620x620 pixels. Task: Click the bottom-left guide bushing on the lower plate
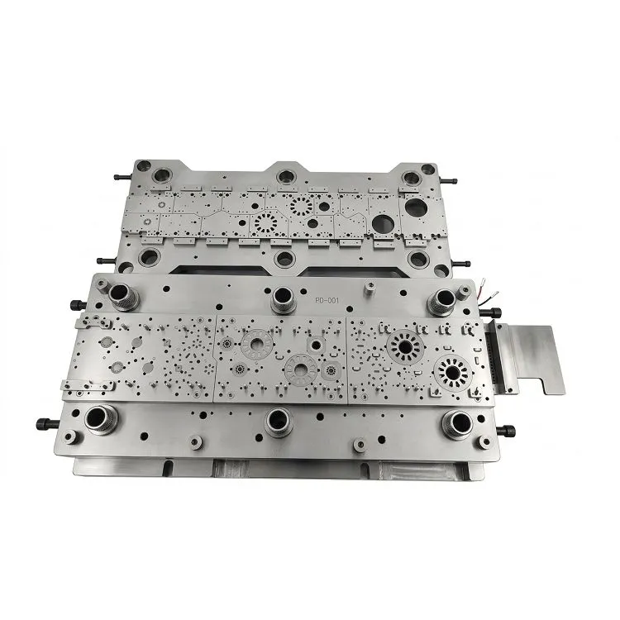coord(99,419)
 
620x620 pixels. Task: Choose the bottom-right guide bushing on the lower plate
coord(456,422)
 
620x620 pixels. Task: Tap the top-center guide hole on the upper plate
coord(286,176)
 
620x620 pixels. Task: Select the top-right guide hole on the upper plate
coord(408,178)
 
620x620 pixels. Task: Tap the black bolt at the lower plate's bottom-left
coord(48,423)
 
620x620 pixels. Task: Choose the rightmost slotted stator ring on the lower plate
coord(450,373)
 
